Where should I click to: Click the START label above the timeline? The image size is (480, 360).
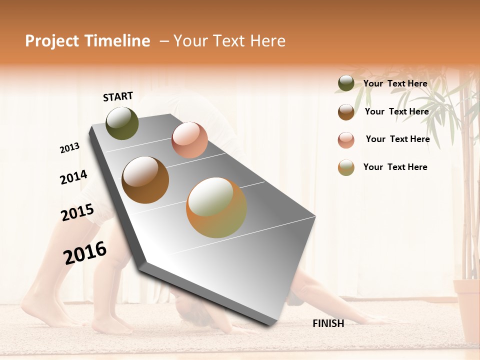[x=118, y=96]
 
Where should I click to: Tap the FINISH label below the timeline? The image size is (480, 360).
[x=328, y=323]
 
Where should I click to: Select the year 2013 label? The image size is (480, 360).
[x=69, y=148]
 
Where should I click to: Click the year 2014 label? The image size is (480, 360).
[x=73, y=177]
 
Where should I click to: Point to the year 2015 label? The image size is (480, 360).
[x=77, y=212]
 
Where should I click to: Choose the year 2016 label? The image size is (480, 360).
[x=85, y=252]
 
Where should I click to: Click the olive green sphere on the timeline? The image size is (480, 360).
[x=122, y=123]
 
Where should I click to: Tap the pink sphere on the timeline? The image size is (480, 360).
[x=189, y=140]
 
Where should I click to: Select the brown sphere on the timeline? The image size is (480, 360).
[x=145, y=180]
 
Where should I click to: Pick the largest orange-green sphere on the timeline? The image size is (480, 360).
[x=216, y=207]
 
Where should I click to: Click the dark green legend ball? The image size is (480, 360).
[x=346, y=83]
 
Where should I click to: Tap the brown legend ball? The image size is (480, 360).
[x=346, y=111]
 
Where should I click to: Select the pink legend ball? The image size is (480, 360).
[x=346, y=139]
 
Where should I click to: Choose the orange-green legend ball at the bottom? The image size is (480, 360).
[x=346, y=167]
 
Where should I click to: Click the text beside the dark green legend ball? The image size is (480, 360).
[x=395, y=83]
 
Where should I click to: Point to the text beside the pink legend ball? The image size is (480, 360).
[x=397, y=139]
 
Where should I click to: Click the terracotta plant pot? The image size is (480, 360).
[x=466, y=310]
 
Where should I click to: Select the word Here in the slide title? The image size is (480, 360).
[x=267, y=41]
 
